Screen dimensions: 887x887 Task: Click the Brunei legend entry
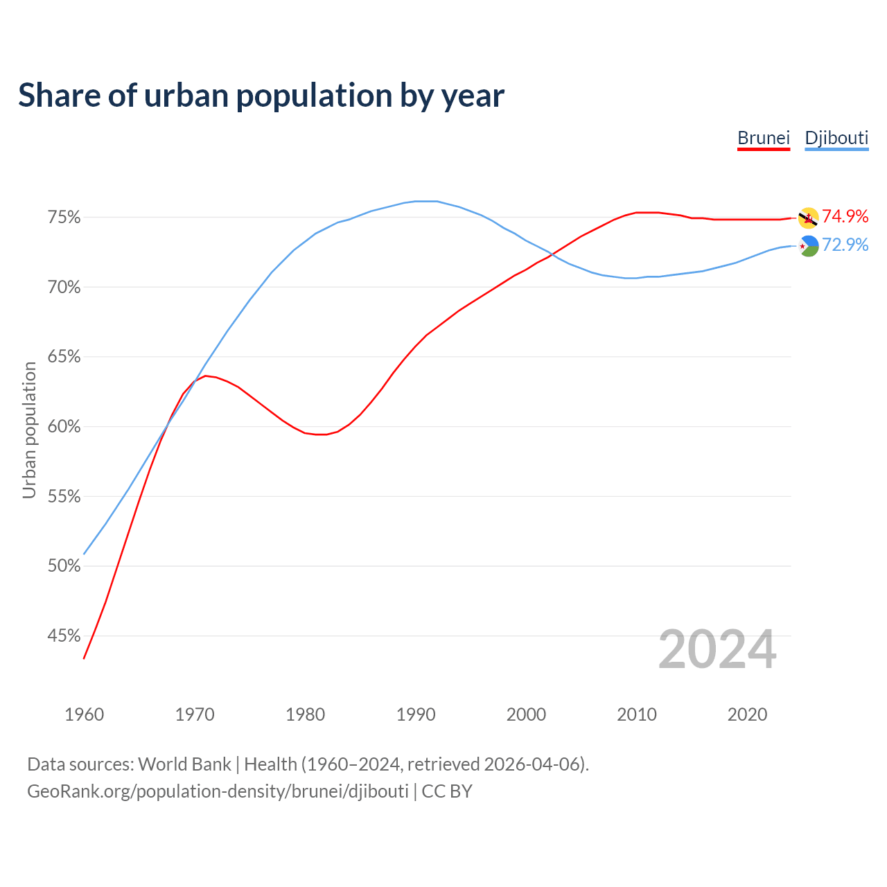[764, 138]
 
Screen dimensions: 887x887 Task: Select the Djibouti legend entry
[836, 138]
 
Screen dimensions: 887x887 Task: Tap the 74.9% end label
[845, 216]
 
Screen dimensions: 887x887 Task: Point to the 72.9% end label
[845, 245]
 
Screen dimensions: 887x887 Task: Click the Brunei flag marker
[808, 218]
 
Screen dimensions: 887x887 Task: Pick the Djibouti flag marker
[809, 246]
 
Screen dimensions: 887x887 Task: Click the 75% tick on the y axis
[64, 218]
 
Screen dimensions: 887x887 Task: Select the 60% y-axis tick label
[64, 427]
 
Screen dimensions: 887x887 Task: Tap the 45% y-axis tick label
[64, 636]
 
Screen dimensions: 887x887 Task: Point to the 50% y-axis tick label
[64, 566]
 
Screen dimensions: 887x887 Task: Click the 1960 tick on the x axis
[84, 714]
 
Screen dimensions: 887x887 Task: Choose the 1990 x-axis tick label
[416, 714]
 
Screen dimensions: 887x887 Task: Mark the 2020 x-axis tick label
[747, 714]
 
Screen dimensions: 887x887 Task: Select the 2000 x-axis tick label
[526, 714]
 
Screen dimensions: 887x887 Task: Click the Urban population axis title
[29, 430]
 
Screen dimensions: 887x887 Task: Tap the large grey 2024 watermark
[717, 650]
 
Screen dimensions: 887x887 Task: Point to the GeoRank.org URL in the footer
[218, 791]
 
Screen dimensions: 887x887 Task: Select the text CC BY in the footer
[447, 791]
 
